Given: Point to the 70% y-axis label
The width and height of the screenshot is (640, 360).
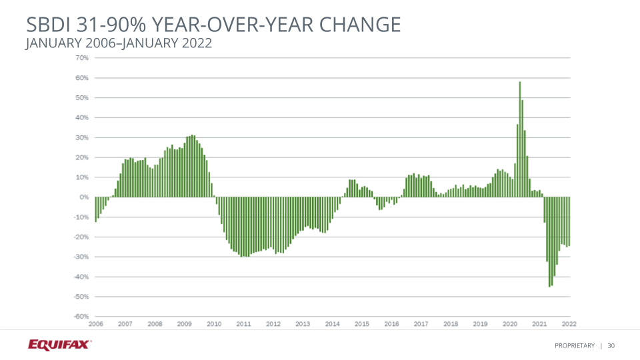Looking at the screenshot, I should click(82, 58).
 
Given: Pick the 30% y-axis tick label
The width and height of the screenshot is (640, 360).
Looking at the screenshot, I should click(82, 138).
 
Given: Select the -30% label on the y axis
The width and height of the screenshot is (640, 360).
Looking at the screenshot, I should click(81, 257).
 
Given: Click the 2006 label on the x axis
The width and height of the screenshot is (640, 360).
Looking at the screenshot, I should click(95, 324).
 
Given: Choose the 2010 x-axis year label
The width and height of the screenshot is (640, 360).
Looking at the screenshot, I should click(214, 324).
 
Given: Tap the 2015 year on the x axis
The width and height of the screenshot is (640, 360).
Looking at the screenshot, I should click(362, 324).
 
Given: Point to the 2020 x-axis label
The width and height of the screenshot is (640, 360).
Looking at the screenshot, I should click(510, 324).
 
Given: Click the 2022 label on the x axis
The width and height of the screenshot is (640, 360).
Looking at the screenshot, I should click(569, 324).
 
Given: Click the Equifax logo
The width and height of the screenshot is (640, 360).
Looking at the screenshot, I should click(60, 345).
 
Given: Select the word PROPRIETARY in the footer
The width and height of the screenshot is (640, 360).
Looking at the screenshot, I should click(575, 345).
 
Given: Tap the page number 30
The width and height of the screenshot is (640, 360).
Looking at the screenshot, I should click(611, 345).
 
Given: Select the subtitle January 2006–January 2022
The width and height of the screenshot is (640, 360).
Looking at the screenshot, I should click(119, 43).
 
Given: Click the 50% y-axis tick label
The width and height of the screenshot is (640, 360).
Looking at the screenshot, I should click(82, 98).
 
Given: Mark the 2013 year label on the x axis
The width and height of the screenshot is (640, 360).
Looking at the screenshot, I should click(303, 324).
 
